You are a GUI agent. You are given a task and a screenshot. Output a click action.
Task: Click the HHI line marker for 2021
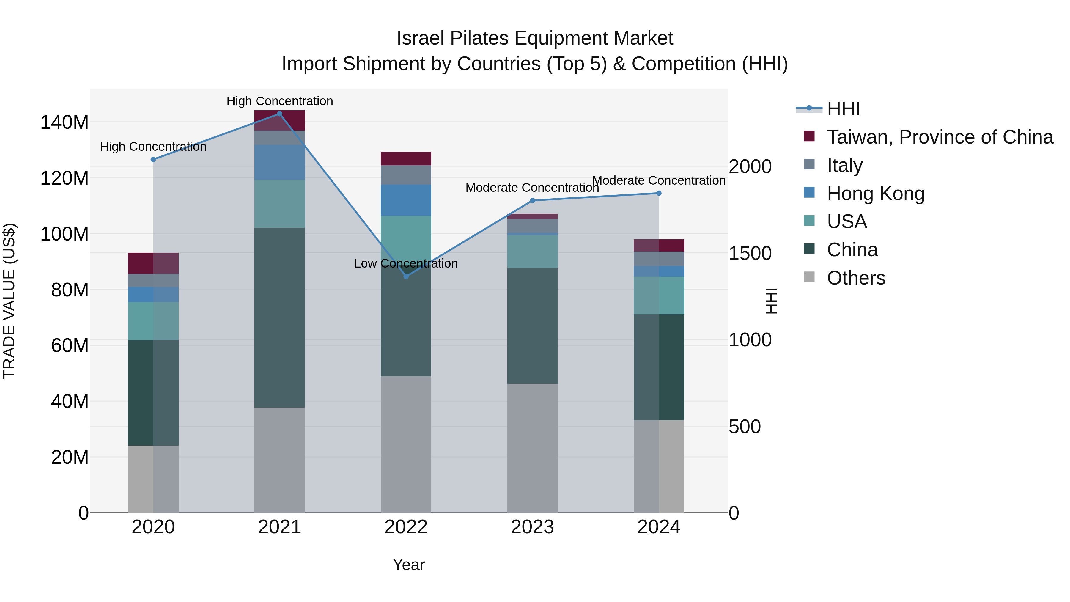(280, 114)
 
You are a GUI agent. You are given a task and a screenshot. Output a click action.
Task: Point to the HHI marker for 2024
(659, 193)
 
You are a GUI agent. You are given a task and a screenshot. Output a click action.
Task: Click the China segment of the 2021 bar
(280, 318)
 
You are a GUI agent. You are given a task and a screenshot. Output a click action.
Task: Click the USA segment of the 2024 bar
(659, 296)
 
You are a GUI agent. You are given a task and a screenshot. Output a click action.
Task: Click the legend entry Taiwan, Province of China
(940, 137)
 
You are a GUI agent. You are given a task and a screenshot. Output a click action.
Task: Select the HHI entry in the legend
(843, 109)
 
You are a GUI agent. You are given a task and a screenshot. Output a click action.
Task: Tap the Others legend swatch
(809, 277)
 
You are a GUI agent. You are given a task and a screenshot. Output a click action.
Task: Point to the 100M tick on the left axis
(64, 234)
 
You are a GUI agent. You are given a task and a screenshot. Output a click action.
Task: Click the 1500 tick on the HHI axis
(750, 253)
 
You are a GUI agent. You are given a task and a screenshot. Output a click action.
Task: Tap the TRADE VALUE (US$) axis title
(9, 301)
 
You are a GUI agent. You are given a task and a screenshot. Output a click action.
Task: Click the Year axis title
(409, 565)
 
